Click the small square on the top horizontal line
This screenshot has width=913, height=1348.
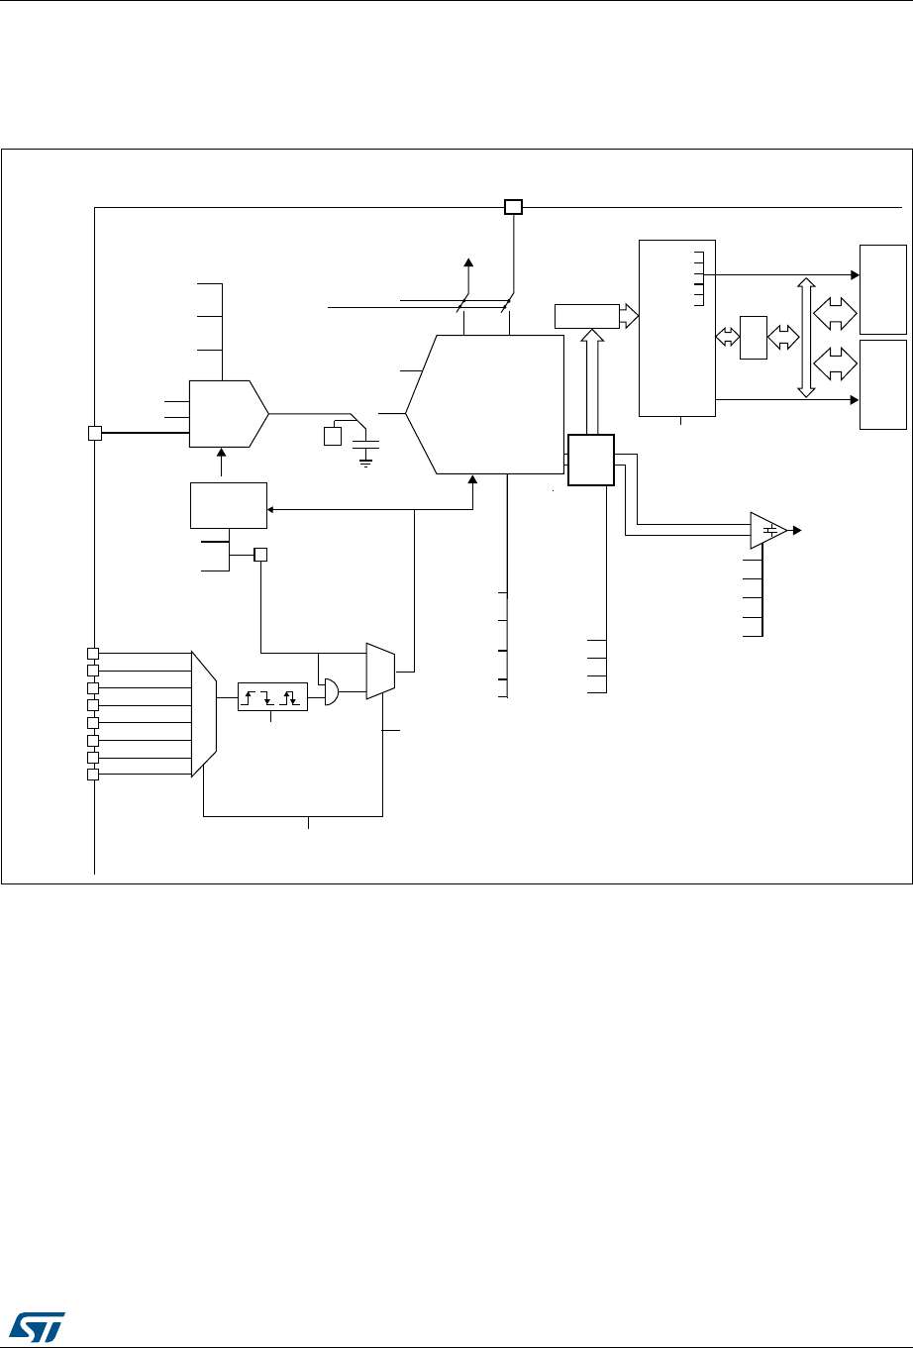click(513, 207)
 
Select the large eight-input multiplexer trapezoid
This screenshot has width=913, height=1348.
click(203, 713)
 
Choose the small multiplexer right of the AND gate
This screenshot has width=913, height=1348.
click(380, 672)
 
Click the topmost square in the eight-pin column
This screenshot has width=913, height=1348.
click(92, 653)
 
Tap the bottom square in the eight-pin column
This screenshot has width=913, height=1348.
click(92, 775)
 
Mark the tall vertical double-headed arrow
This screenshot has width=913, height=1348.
click(807, 338)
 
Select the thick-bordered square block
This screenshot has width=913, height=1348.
click(591, 460)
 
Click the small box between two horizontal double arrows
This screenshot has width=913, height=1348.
click(754, 337)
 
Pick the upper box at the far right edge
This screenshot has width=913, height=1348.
click(883, 289)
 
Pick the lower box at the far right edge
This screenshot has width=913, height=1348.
click(883, 384)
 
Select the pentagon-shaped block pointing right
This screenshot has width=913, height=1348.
click(229, 413)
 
